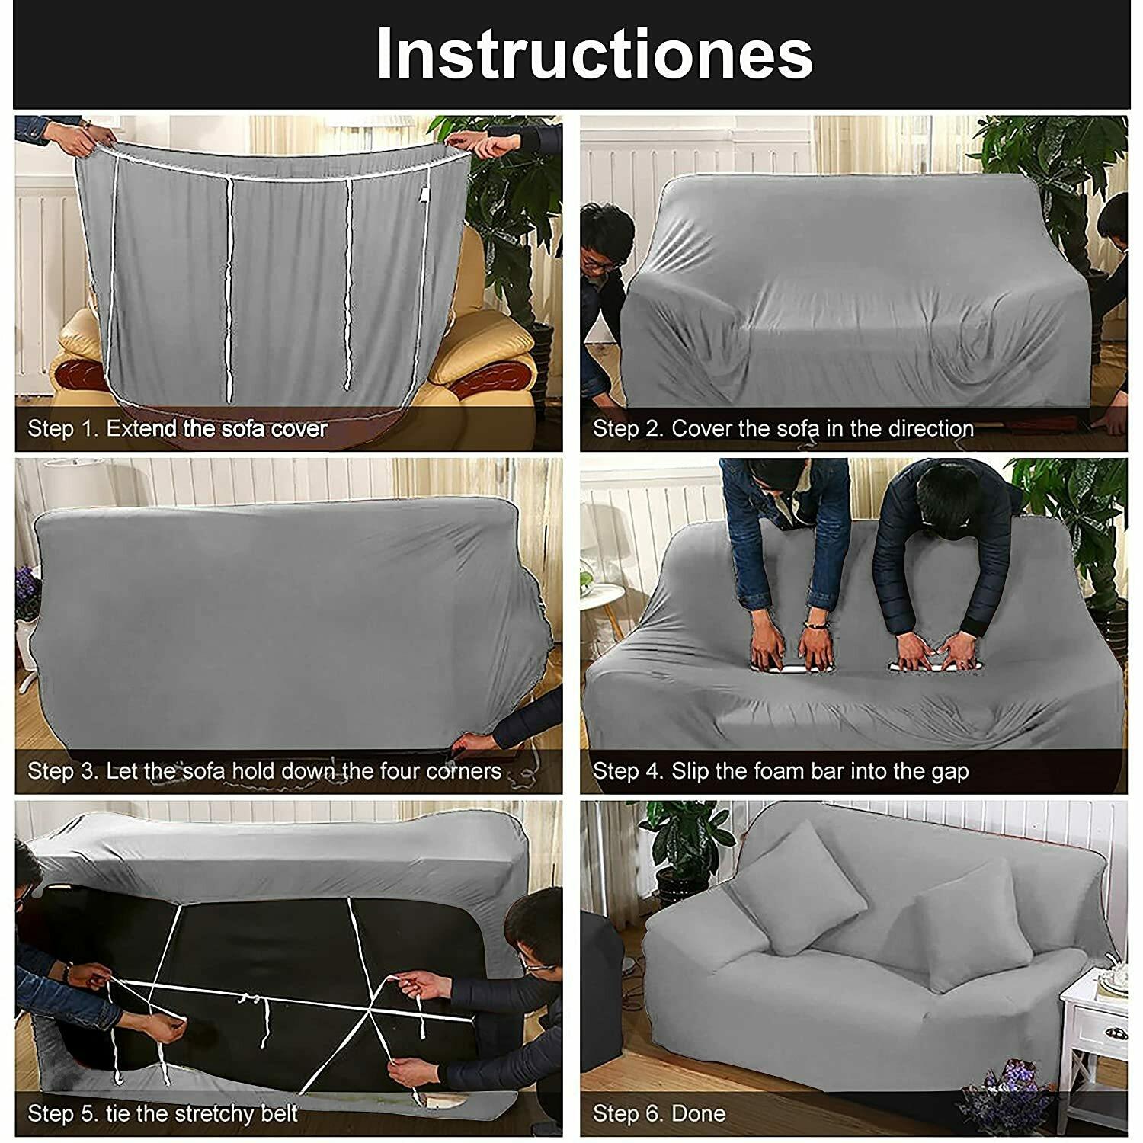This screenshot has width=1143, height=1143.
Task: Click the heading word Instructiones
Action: tap(594, 53)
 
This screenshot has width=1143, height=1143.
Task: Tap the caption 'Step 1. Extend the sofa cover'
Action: tap(178, 428)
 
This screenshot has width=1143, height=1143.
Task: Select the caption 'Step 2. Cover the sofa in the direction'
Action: tap(783, 428)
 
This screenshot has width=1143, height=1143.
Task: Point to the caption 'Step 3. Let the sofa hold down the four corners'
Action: tap(264, 771)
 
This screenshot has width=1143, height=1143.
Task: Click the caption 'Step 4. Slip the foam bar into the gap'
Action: tap(781, 771)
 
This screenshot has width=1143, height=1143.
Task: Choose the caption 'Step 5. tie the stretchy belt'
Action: tap(162, 1114)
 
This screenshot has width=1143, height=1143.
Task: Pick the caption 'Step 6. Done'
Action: tap(659, 1114)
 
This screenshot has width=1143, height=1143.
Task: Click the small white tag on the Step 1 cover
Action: tap(424, 197)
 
